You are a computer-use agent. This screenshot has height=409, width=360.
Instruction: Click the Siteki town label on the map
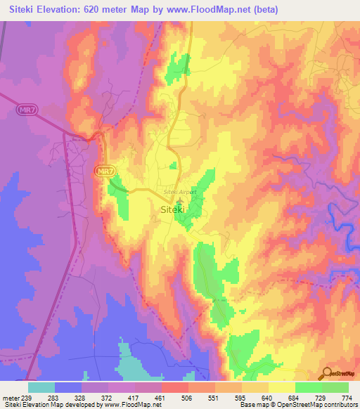[x=172, y=209]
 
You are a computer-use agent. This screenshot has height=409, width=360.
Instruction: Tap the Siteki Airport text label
[x=178, y=191]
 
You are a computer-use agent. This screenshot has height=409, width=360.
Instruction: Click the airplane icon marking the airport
[x=178, y=200]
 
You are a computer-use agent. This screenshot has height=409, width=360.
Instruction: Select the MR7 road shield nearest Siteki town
[x=105, y=171]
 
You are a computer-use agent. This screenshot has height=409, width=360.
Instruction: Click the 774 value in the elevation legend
[x=346, y=396]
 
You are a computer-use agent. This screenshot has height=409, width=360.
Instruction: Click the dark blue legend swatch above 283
[x=69, y=387]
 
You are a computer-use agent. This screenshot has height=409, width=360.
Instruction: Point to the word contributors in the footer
[x=338, y=405]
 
